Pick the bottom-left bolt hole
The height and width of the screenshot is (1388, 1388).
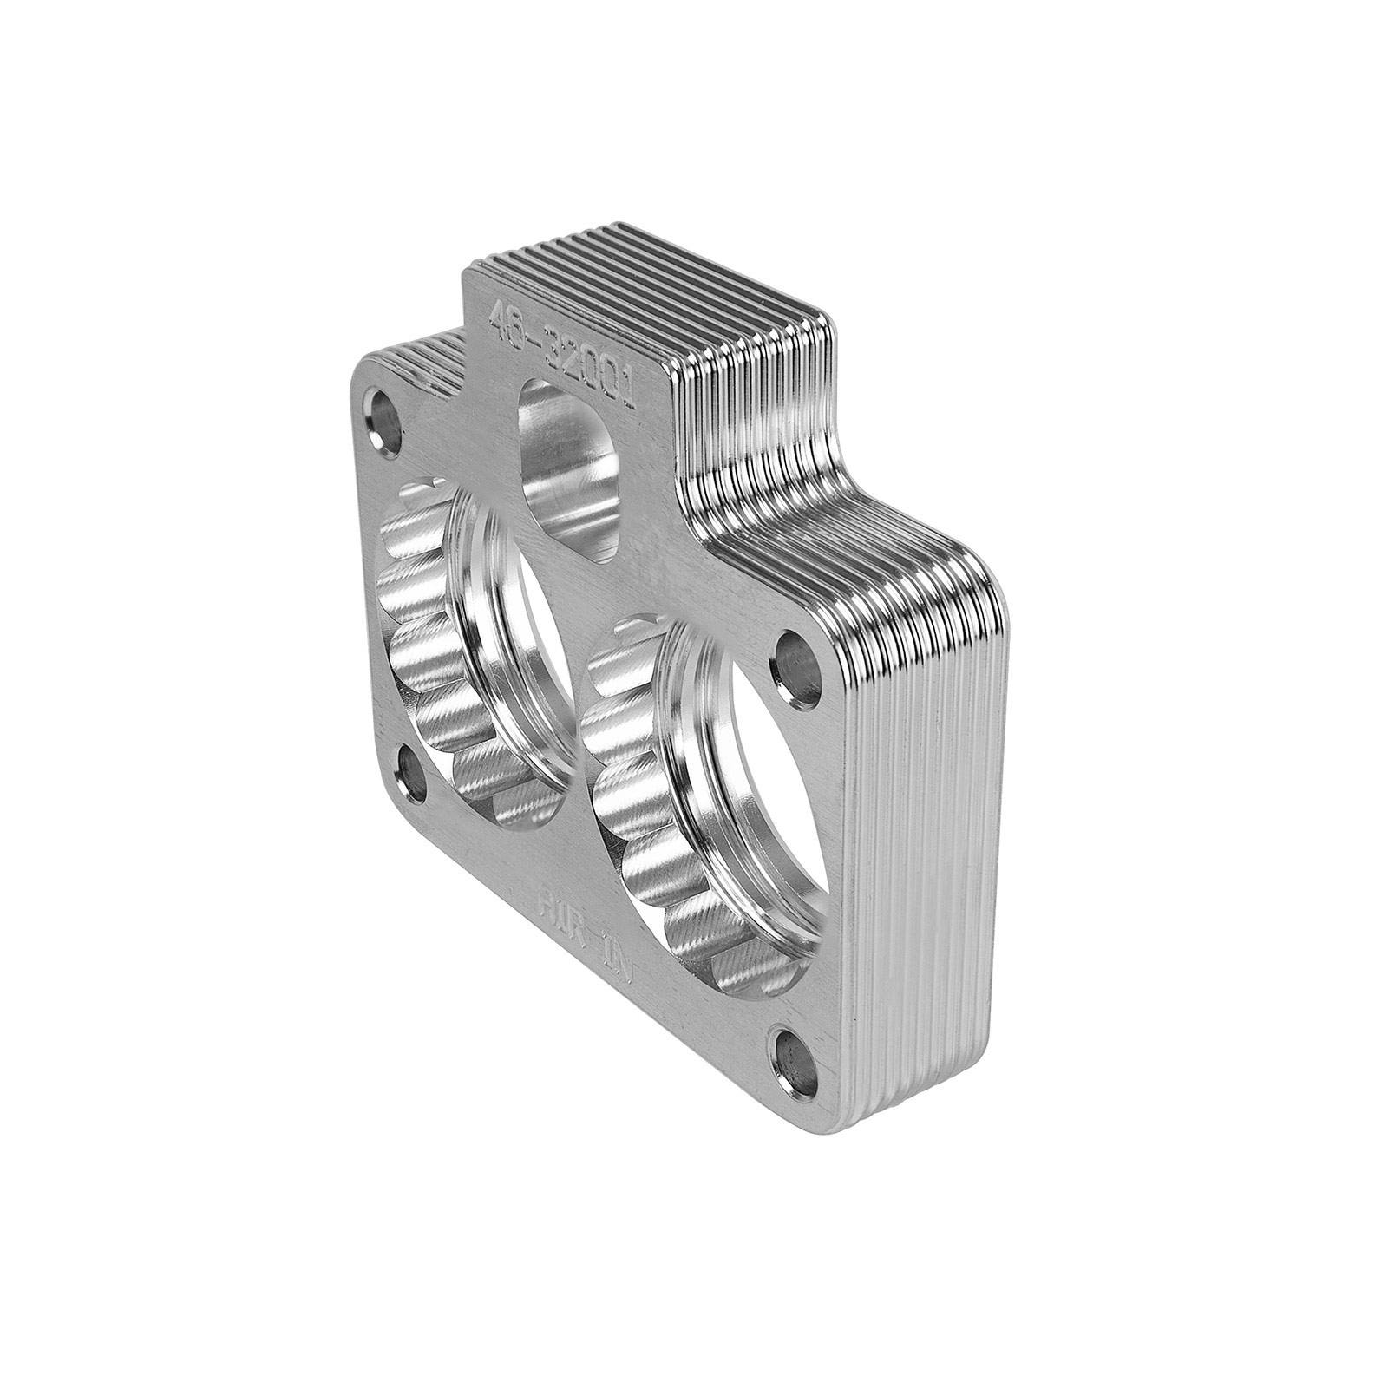[x=414, y=773]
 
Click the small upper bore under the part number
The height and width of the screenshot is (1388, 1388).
[x=568, y=464]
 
